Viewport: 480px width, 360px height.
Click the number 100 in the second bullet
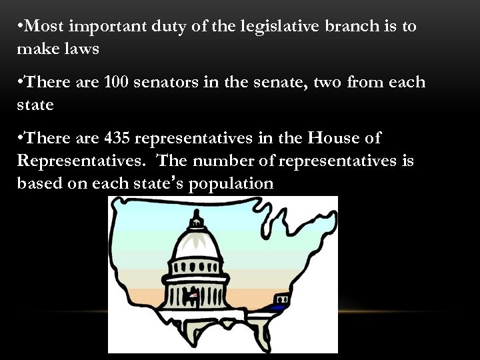[117, 82]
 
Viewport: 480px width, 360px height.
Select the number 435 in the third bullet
[117, 139]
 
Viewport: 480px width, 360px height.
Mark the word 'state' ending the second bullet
[34, 105]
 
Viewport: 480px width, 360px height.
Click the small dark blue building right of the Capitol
[277, 306]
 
